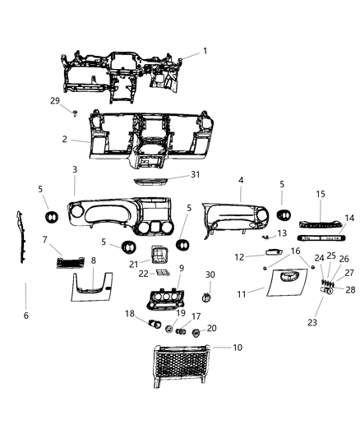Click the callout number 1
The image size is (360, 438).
point(205,51)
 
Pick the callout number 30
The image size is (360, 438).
point(210,274)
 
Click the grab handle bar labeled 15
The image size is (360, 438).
point(319,223)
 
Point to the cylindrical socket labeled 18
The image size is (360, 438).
point(152,325)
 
